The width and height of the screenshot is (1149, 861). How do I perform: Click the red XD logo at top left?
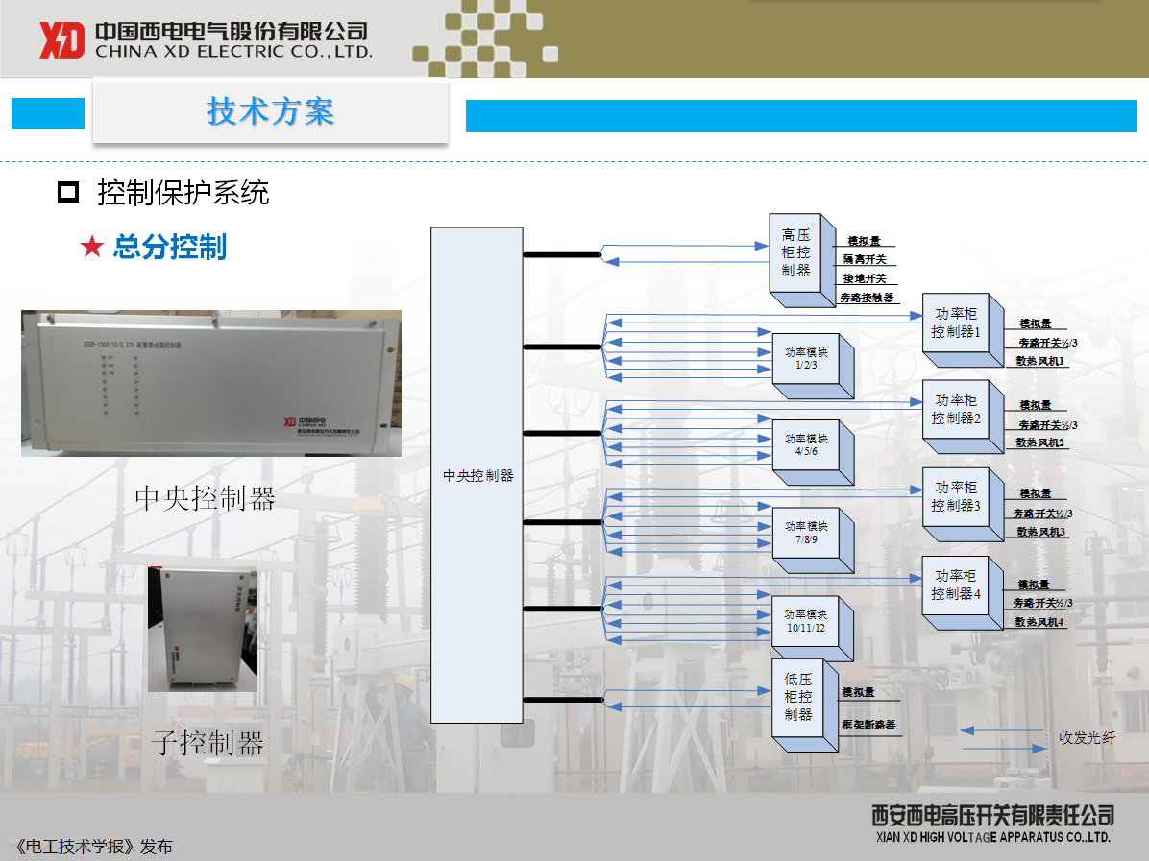[x=62, y=40]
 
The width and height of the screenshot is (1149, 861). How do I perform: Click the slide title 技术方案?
[x=270, y=111]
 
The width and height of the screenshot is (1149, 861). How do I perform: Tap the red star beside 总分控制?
[x=91, y=248]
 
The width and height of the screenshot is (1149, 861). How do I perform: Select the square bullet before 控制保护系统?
[x=68, y=193]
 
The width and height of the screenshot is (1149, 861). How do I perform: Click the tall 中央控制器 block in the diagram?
[x=477, y=474]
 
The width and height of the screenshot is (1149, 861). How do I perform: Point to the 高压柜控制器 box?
[x=795, y=253]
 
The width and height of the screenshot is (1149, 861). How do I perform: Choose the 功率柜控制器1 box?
[x=955, y=323]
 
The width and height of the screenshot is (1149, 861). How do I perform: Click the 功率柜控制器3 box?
[x=955, y=496]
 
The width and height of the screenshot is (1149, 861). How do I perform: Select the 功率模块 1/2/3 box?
[x=805, y=359]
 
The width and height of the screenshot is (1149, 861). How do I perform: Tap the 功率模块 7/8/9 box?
[x=805, y=533]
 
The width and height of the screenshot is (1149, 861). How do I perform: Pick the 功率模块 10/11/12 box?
[x=805, y=620]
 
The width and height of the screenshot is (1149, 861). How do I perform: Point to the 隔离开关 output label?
[x=865, y=259]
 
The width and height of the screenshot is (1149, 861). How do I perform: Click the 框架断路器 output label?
[x=868, y=725]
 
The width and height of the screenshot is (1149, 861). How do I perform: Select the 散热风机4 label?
[x=1039, y=622]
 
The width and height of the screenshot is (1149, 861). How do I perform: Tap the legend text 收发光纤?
[x=1088, y=738]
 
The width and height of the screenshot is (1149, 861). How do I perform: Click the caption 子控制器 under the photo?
[x=207, y=743]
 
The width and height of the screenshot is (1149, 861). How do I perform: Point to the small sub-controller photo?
[x=202, y=629]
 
